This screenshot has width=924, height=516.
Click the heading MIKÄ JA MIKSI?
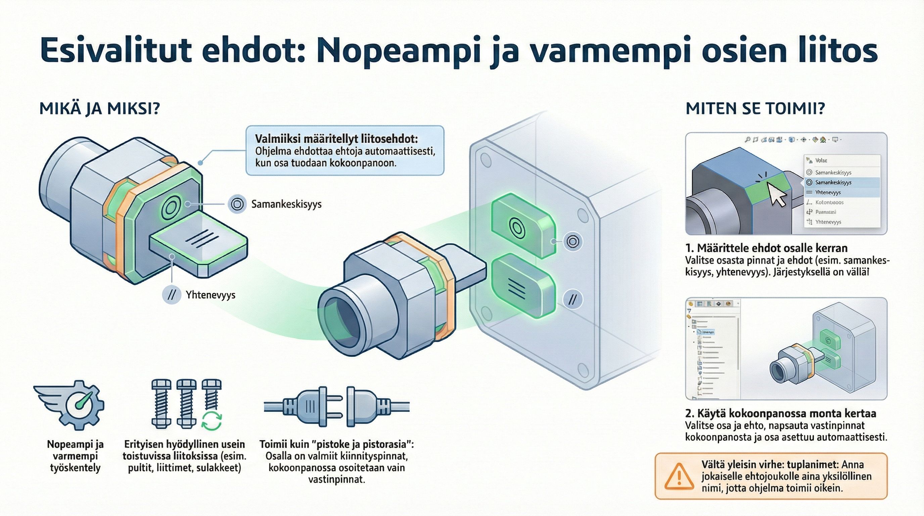point(99,109)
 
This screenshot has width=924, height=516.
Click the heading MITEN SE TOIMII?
point(755,109)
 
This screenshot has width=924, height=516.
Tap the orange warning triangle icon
point(679,476)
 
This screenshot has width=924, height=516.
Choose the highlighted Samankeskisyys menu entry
point(833,182)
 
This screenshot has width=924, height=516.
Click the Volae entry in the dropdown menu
point(821,160)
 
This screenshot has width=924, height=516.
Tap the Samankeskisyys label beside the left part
point(286,204)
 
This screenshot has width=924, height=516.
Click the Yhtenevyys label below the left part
point(211,295)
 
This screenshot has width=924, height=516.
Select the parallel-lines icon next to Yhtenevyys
point(172,295)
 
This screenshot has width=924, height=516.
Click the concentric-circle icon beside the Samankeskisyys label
point(237,204)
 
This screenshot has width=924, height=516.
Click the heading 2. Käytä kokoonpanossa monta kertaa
point(781,414)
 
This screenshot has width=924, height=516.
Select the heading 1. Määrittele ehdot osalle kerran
point(766,248)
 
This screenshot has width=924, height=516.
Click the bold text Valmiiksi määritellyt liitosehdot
point(336,139)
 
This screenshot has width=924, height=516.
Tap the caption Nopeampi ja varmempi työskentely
point(75,456)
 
